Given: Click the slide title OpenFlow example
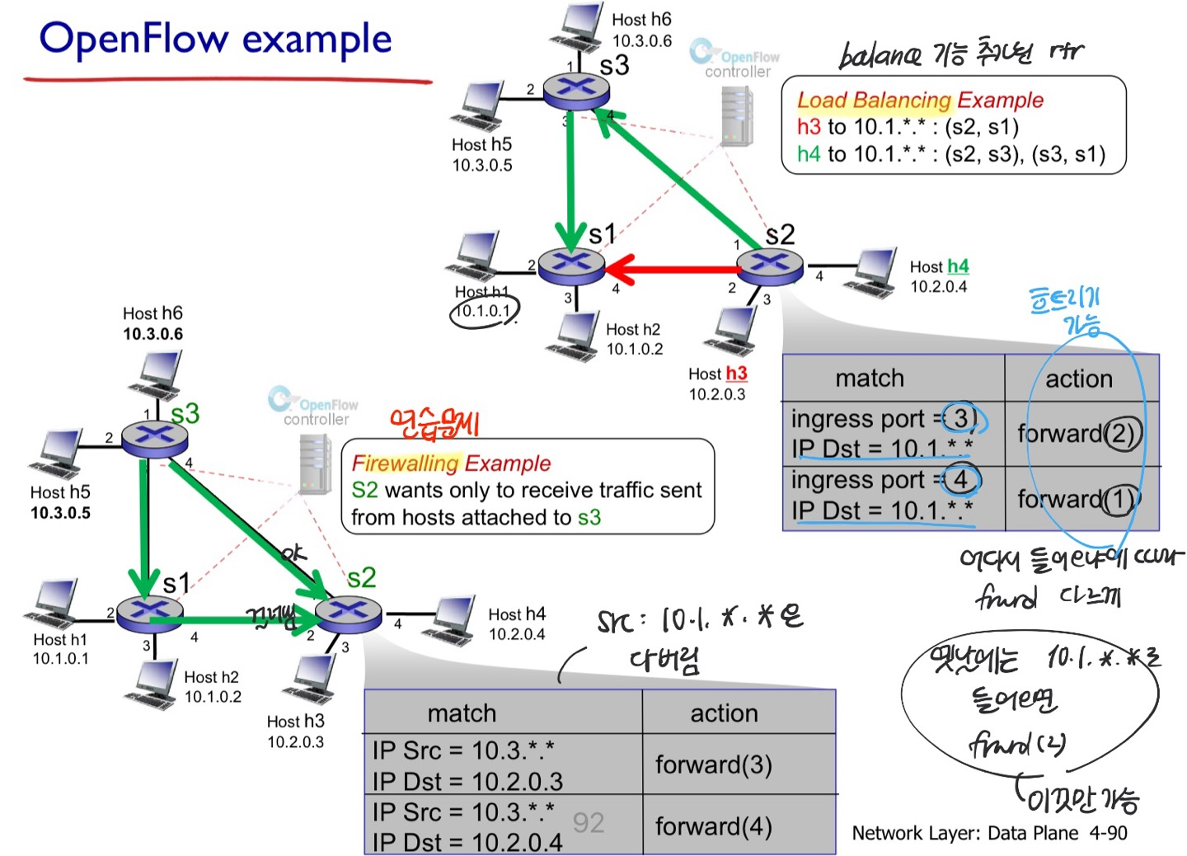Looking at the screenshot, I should pos(216,40).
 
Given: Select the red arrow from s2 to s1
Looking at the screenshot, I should pos(672,269).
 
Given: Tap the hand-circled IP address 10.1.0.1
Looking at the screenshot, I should pos(485,311).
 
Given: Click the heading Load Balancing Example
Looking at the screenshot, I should pos(920,101).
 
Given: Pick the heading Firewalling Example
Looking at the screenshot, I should pos(451,463).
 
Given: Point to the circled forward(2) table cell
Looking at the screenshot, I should pos(1079,433).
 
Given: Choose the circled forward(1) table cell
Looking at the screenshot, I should pos(1079,499).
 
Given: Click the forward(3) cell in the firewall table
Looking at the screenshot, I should pos(714,764).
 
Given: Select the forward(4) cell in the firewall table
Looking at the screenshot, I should pos(714,826).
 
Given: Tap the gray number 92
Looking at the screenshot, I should pos(589,822).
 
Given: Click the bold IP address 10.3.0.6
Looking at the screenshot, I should pos(153,334).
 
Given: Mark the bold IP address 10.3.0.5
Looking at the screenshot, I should pos(60,513).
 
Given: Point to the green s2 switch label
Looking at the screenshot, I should pos(362,577).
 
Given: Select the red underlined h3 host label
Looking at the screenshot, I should pos(736,374).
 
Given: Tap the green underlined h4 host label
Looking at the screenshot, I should pos(958,266).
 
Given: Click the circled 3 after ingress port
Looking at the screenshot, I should pos(961,418).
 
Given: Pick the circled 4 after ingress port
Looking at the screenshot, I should pos(960,479).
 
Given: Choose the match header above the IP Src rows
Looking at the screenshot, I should pos(462,713).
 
